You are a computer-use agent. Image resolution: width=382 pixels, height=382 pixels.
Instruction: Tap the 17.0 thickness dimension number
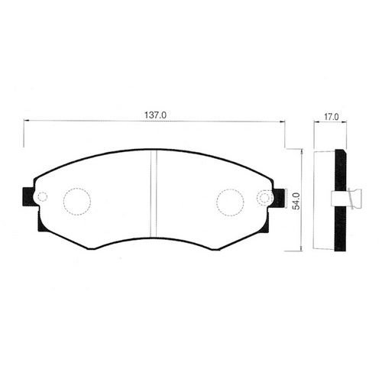(331, 118)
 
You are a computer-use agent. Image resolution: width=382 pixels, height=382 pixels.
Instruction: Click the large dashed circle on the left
(76, 202)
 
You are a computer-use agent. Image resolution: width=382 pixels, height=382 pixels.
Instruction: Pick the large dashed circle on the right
(230, 202)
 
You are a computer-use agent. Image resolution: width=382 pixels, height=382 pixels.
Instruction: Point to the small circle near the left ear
(42, 197)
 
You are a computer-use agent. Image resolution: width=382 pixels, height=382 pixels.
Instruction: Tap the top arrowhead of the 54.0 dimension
(304, 151)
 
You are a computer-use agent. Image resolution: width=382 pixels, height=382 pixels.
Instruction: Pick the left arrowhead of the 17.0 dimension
(316, 124)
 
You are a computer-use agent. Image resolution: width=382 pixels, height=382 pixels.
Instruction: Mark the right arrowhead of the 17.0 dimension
(345, 124)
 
